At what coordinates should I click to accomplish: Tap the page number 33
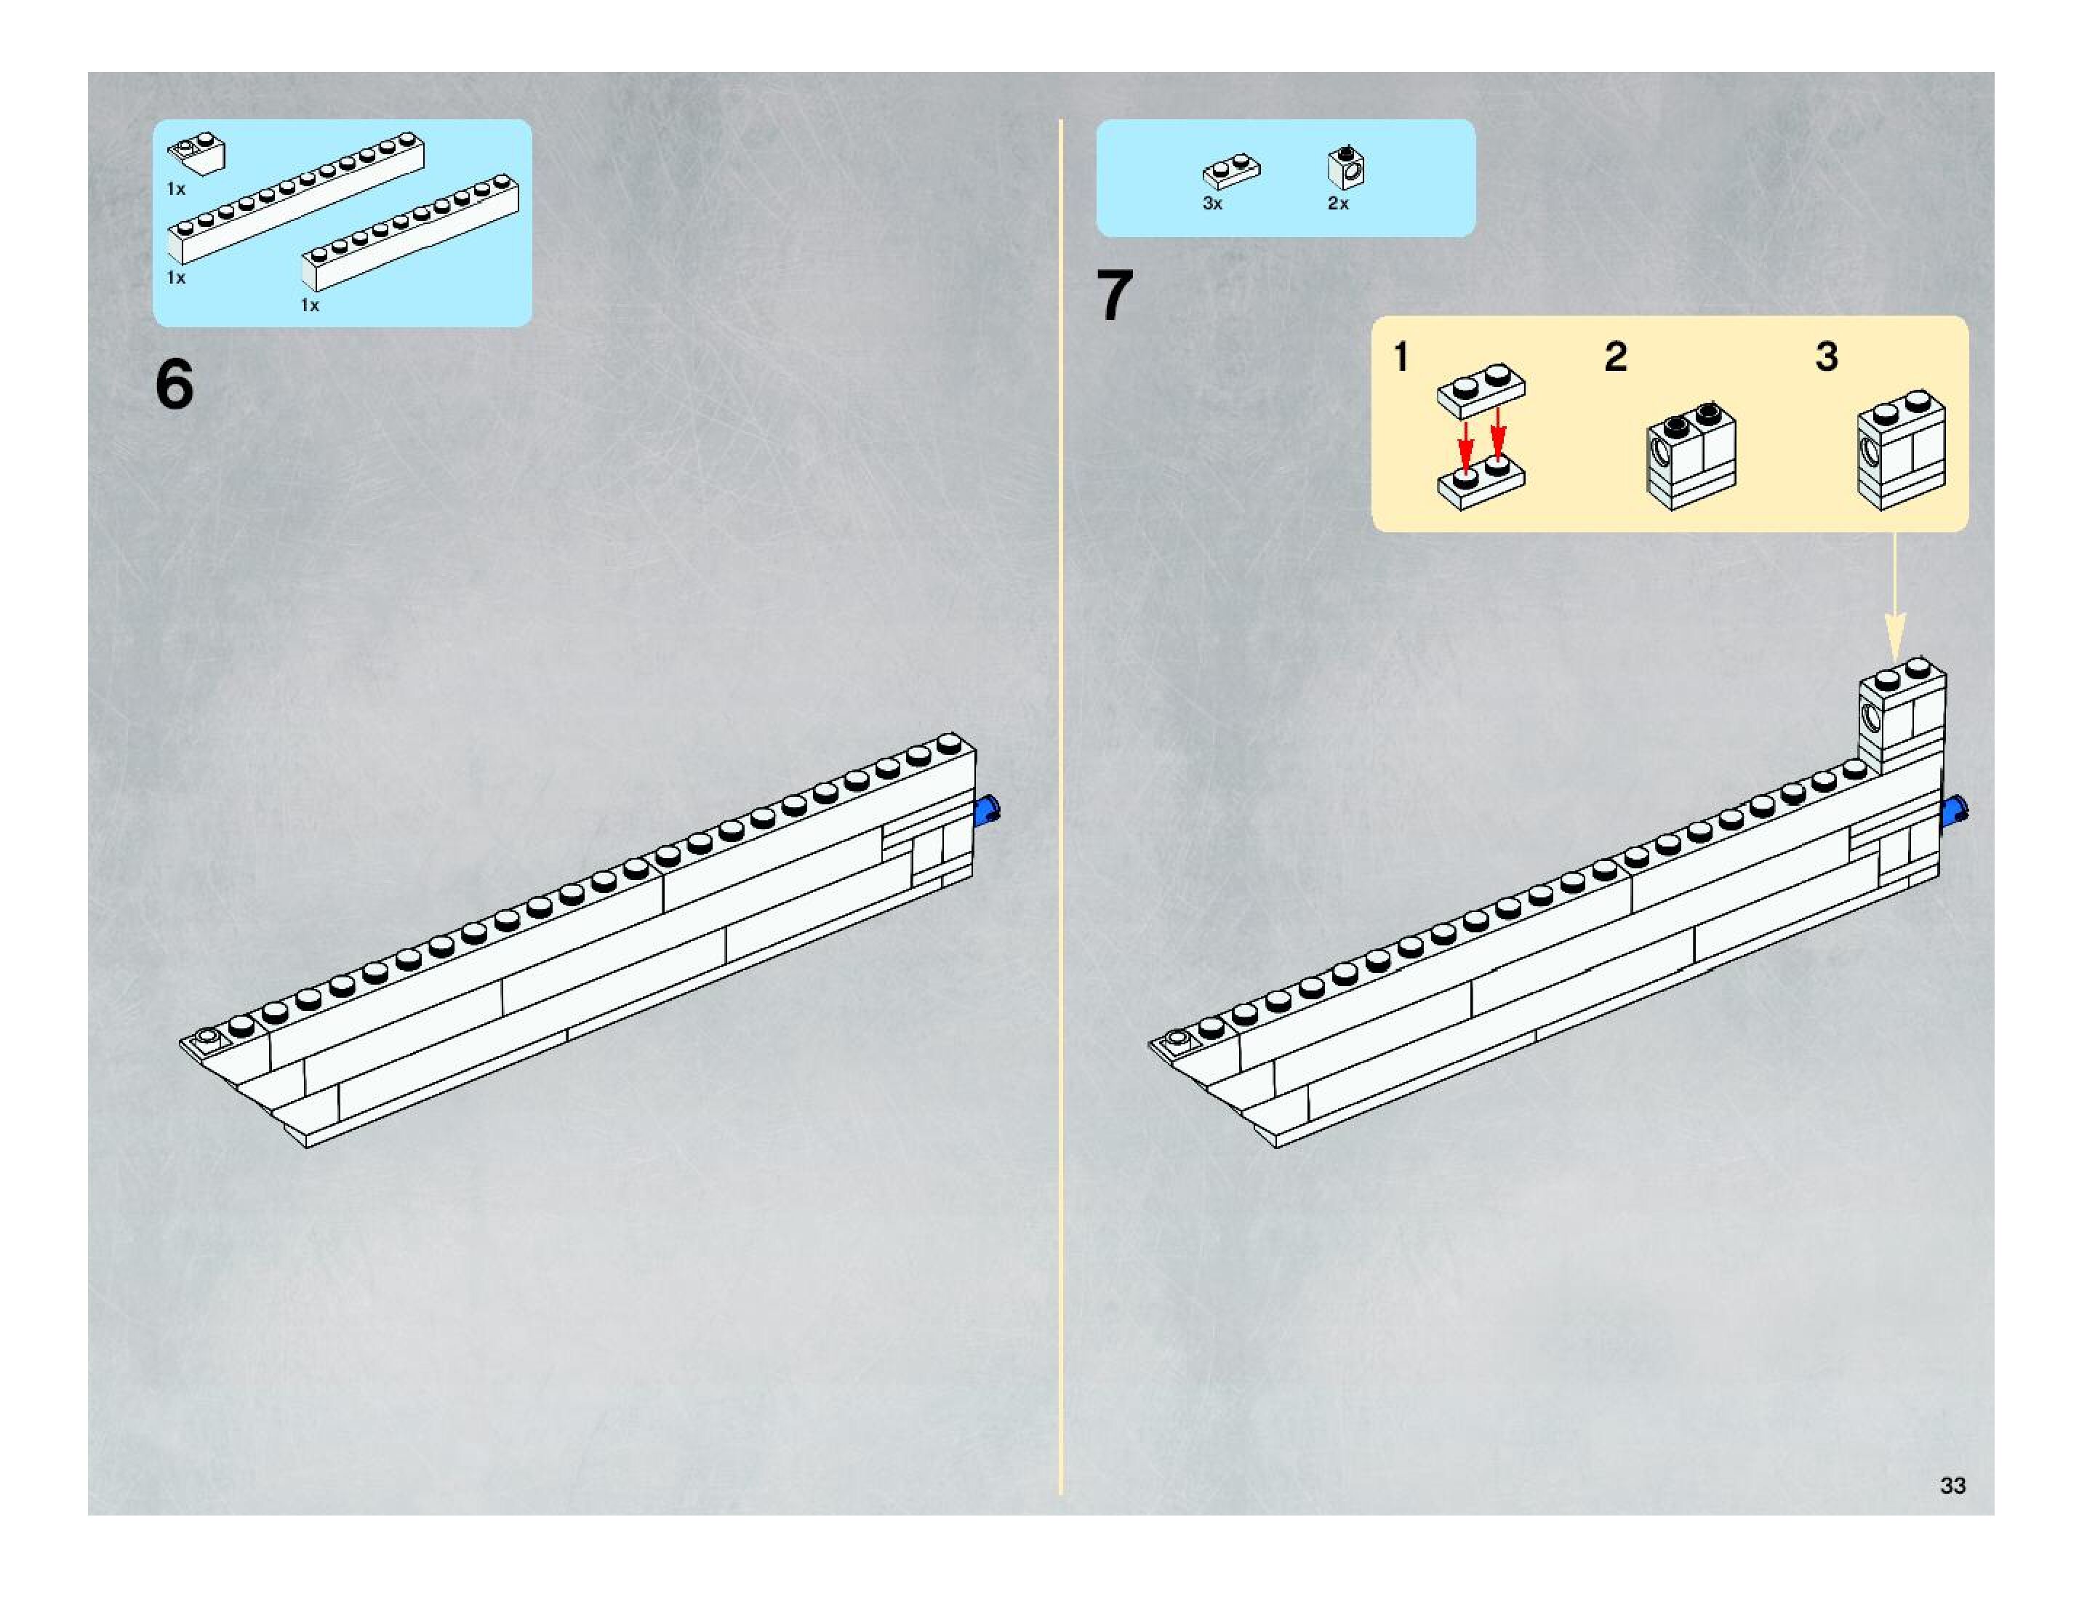pos(1952,1485)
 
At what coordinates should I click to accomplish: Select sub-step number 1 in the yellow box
pos(1401,357)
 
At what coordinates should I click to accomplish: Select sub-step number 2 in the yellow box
pos(1615,357)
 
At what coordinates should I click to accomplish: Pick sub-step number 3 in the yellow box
pos(1826,357)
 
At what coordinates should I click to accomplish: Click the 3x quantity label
pos(1211,204)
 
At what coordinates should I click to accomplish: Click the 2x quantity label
pos(1338,204)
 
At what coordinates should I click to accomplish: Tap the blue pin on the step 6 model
pos(987,810)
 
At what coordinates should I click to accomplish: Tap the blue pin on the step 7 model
pos(1955,812)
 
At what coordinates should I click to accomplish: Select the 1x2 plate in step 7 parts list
pos(1231,172)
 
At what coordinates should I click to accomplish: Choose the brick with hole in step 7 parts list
pos(1345,168)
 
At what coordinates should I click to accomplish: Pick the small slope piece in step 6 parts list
pos(198,154)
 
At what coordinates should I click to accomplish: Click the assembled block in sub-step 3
pos(1901,449)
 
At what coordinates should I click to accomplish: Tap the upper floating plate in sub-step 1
pos(1481,389)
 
